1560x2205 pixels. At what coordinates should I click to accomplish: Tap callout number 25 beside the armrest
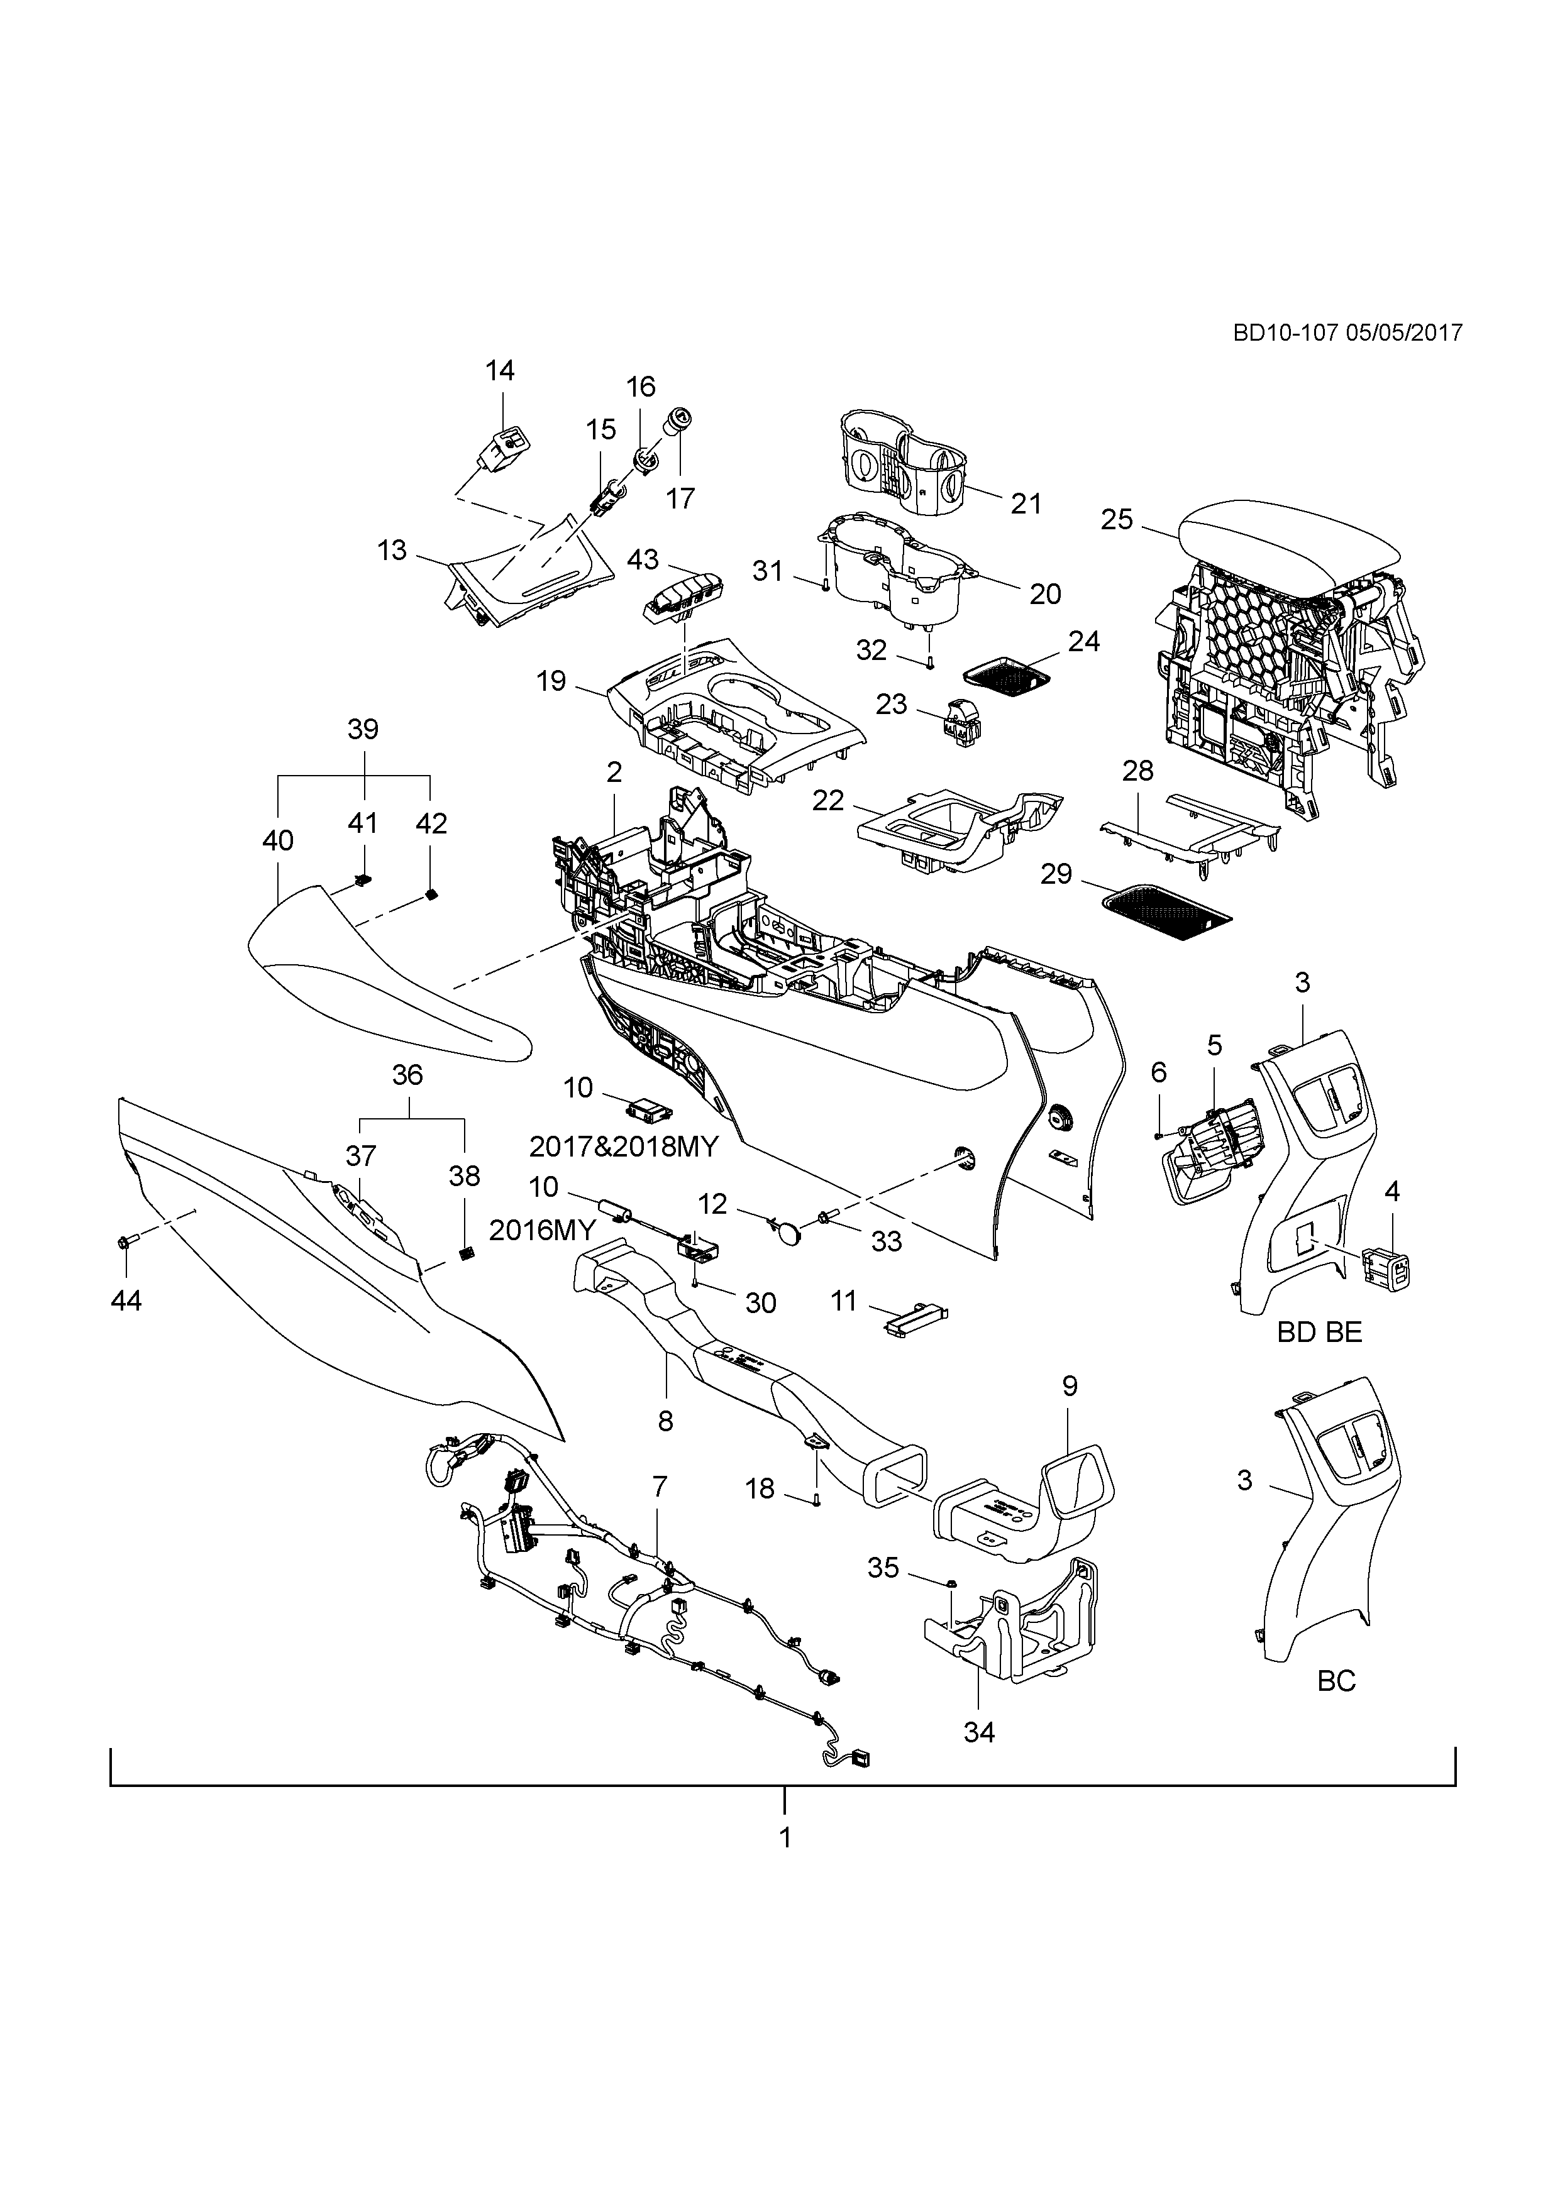coord(1117,520)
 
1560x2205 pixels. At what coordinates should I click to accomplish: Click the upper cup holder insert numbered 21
coord(903,461)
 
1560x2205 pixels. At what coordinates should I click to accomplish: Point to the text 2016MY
coord(542,1229)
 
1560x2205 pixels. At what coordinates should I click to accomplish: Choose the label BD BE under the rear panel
coord(1319,1332)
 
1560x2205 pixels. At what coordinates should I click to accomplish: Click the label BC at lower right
coord(1336,1681)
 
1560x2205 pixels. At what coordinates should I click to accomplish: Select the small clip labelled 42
coord(431,895)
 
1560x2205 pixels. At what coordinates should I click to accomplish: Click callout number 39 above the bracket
coord(363,729)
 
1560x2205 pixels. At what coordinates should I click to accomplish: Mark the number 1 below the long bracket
coord(785,1837)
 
